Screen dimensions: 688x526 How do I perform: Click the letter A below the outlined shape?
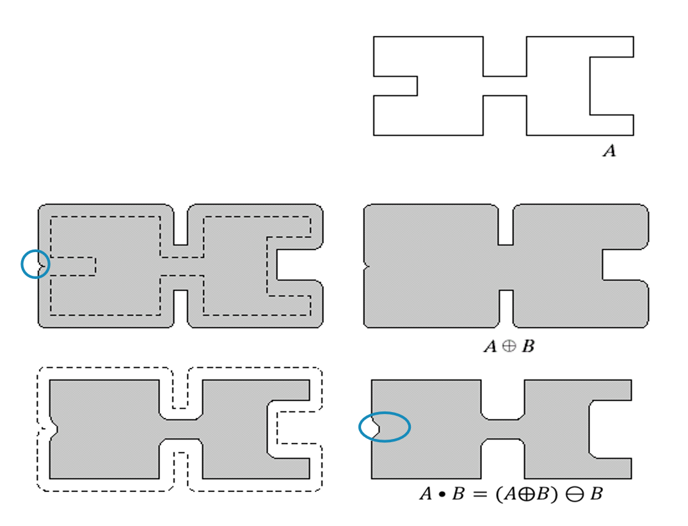pos(609,151)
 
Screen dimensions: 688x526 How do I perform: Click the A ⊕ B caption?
pos(509,347)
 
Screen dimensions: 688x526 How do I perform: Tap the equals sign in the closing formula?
pos(480,495)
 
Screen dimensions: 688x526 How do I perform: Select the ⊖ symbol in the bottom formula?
pos(574,495)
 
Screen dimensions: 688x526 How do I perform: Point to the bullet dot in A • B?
pos(442,495)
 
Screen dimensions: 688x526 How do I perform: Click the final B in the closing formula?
pos(596,494)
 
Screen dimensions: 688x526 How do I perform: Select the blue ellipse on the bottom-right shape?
pos(385,412)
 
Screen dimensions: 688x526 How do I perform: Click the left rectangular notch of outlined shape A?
pos(396,86)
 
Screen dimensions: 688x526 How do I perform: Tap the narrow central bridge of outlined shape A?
pos(504,86)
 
